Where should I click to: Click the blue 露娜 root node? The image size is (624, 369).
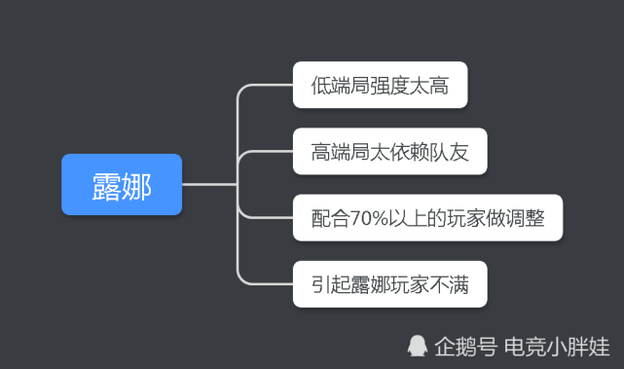(122, 184)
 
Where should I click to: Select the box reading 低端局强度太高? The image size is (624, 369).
(380, 86)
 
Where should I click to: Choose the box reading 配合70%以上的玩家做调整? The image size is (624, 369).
(427, 219)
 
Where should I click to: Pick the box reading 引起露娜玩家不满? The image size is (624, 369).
(389, 285)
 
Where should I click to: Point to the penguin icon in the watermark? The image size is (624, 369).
(417, 346)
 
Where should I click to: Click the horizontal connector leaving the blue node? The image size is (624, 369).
(209, 184)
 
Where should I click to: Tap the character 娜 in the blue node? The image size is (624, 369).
(137, 184)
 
